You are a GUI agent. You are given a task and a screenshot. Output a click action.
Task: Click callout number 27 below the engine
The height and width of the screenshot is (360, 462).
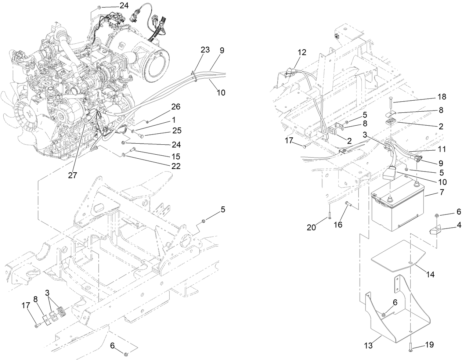[73, 175]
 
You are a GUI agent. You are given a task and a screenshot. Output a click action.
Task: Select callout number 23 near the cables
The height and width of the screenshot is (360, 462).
[205, 50]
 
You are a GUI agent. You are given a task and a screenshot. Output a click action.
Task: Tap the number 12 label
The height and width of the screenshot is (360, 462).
[302, 52]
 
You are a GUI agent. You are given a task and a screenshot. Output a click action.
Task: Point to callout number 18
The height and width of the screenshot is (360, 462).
[442, 97]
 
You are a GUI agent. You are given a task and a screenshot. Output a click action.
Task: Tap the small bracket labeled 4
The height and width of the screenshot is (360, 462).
[435, 231]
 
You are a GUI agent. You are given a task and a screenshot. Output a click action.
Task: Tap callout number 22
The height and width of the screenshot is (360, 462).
[176, 166]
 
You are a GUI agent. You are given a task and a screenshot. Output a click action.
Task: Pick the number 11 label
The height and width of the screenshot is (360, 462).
[442, 149]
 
